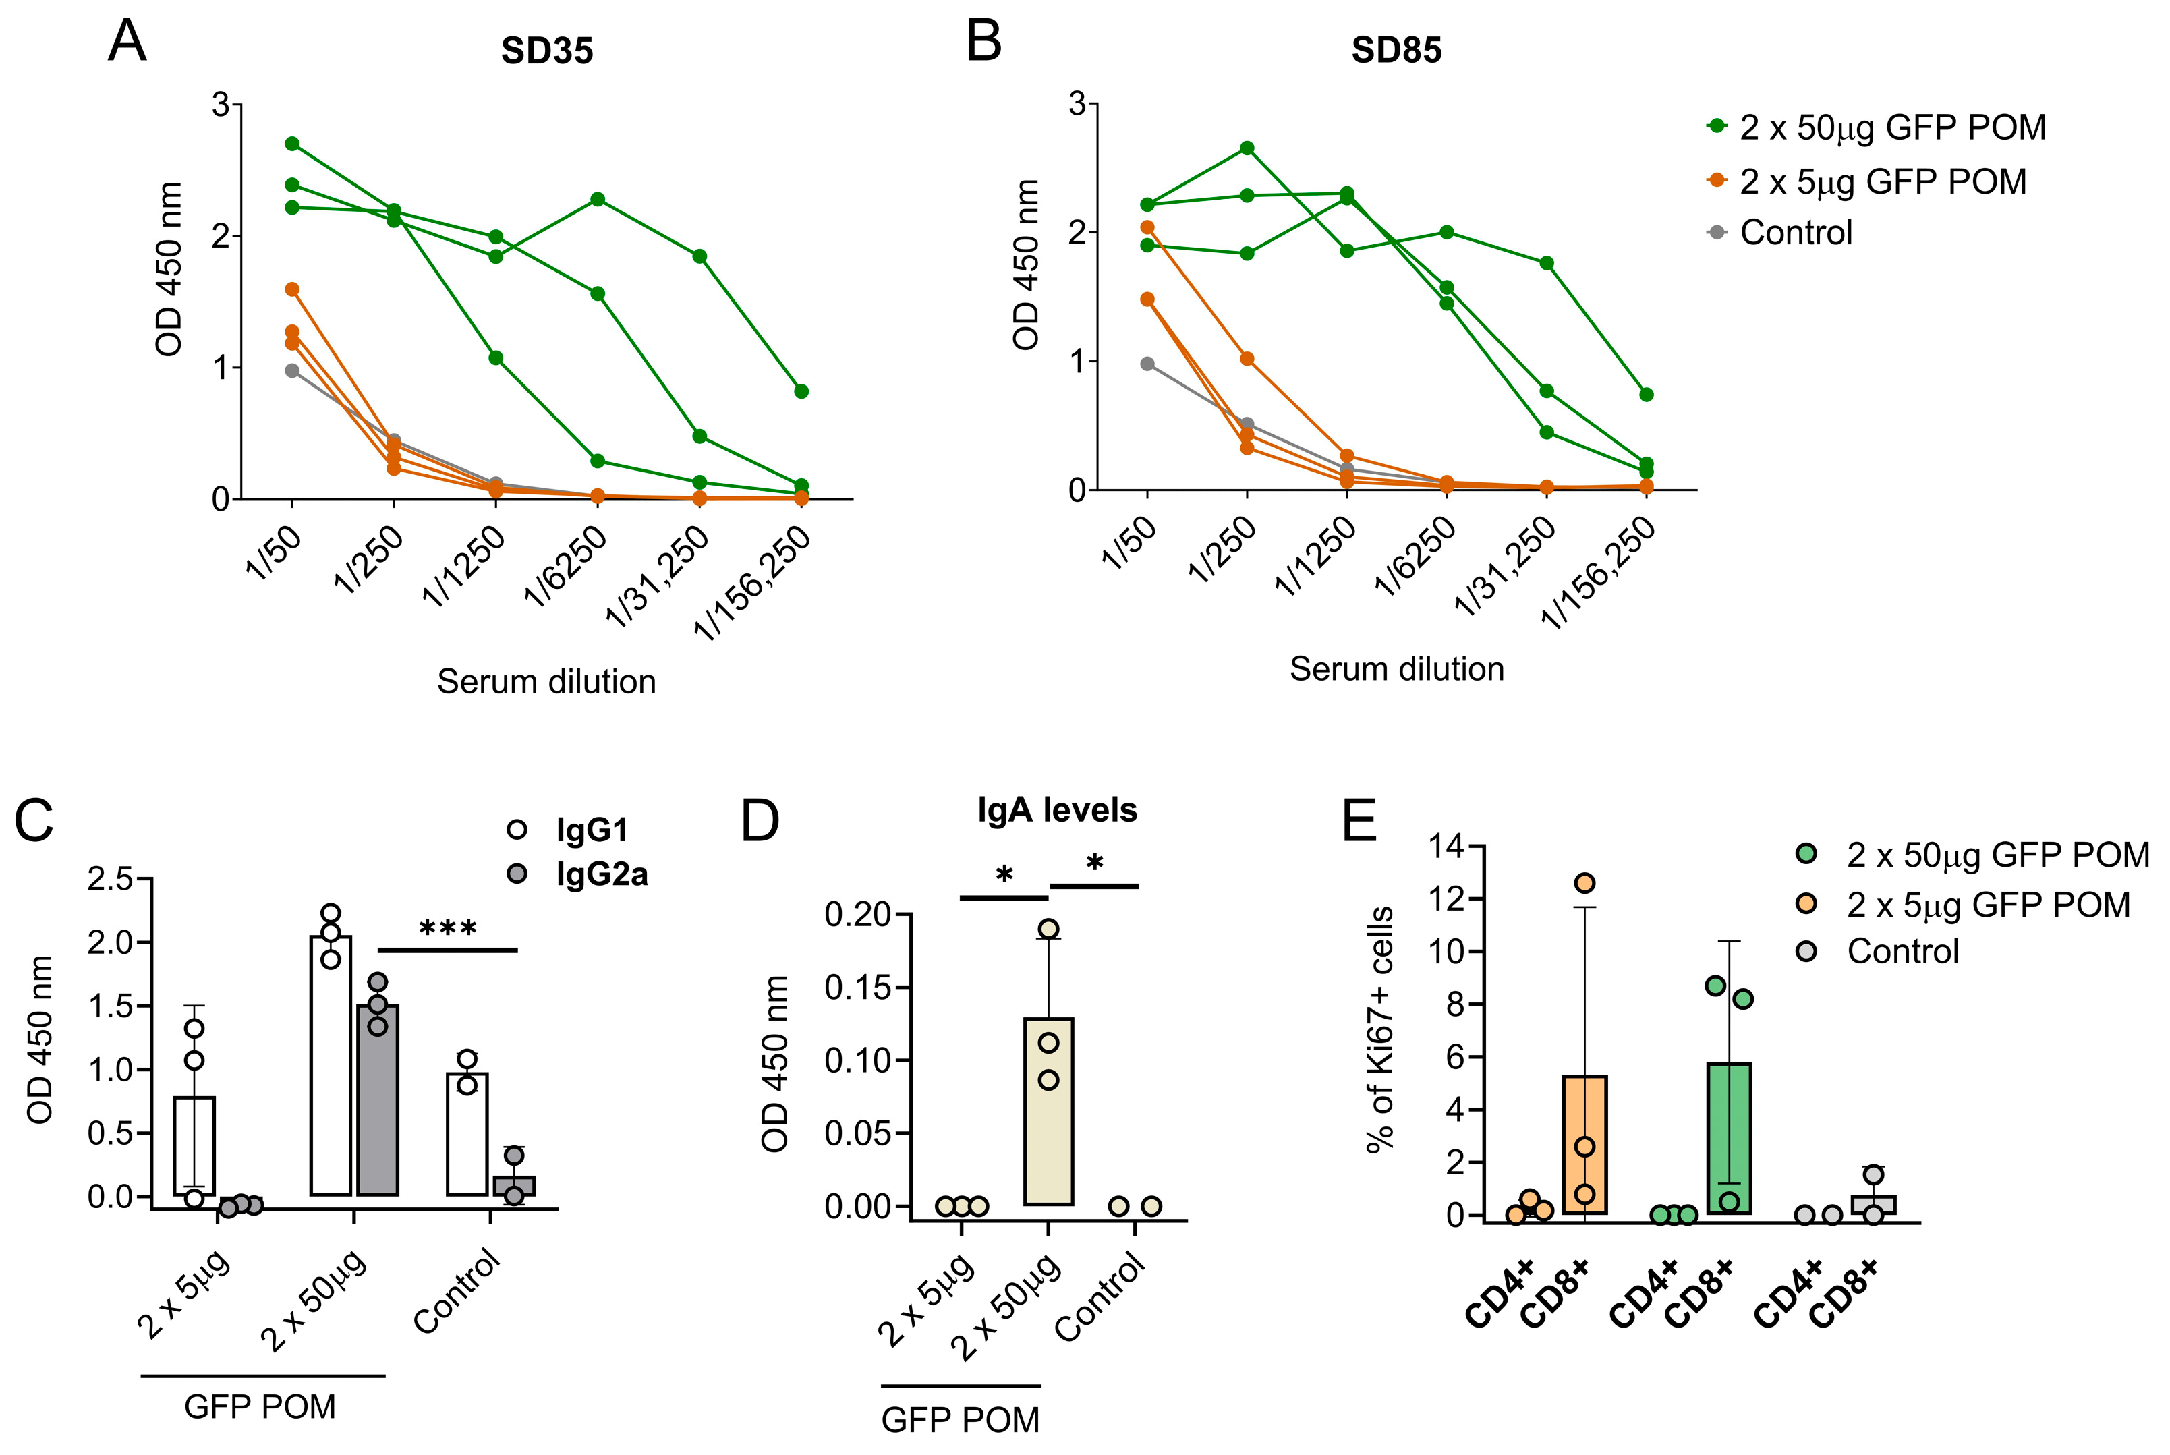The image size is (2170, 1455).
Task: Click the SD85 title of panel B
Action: pyautogui.click(x=1396, y=50)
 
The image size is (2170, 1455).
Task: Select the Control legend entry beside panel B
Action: pyautogui.click(x=1795, y=232)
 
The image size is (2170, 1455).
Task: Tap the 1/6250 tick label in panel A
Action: pyautogui.click(x=567, y=564)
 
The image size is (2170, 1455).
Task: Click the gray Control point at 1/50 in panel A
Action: pyautogui.click(x=292, y=370)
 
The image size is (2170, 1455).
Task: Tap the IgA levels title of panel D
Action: pyautogui.click(x=1057, y=810)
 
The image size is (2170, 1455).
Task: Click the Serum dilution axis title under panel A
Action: pyautogui.click(x=546, y=682)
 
